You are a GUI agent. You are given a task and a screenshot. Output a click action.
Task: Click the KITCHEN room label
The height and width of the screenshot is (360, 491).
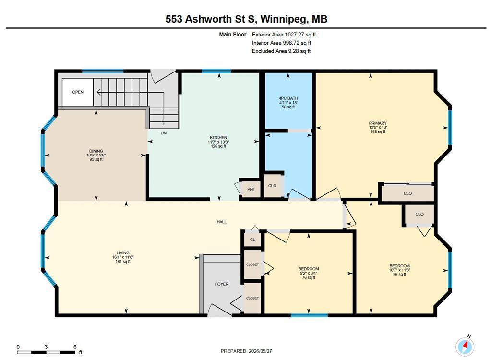point(218,138)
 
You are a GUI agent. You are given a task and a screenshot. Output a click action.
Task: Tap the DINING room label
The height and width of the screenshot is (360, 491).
point(96,151)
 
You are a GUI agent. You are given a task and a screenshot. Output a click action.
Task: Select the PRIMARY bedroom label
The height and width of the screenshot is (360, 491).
point(378,123)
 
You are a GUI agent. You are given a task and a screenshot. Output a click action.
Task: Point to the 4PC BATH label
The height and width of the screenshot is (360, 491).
point(288,98)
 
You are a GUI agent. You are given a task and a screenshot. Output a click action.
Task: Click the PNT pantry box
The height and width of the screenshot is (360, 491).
point(251,189)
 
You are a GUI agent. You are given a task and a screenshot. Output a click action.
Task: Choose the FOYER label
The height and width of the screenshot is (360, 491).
point(222,284)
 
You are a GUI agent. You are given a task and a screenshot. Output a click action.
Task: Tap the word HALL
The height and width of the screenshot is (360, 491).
point(221,222)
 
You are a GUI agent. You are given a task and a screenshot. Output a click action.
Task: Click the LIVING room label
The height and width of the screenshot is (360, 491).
point(123,253)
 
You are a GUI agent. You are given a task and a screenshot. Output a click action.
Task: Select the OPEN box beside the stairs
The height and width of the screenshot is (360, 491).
point(78,92)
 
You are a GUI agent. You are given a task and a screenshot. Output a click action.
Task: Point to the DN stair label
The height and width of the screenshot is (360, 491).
point(164,133)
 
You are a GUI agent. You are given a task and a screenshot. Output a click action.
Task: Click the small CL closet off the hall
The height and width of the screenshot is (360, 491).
point(252,240)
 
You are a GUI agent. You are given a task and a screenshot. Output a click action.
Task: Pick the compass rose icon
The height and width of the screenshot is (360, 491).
point(465,347)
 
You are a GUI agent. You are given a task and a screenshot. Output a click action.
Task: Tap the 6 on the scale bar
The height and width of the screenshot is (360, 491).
point(75,347)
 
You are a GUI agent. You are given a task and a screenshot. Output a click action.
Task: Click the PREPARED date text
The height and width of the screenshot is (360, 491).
point(246,351)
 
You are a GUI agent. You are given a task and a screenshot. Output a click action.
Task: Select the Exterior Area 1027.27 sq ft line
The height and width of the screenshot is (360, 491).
point(284,35)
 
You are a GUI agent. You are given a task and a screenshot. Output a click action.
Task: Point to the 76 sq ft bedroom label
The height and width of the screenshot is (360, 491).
point(309,277)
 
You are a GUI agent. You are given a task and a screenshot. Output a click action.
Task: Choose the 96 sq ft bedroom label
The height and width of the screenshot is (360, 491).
point(399,275)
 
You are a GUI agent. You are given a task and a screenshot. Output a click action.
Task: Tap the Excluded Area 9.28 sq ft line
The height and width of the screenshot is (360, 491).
point(281,51)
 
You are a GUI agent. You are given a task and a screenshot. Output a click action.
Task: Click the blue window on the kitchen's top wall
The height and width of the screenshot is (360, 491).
point(216,71)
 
